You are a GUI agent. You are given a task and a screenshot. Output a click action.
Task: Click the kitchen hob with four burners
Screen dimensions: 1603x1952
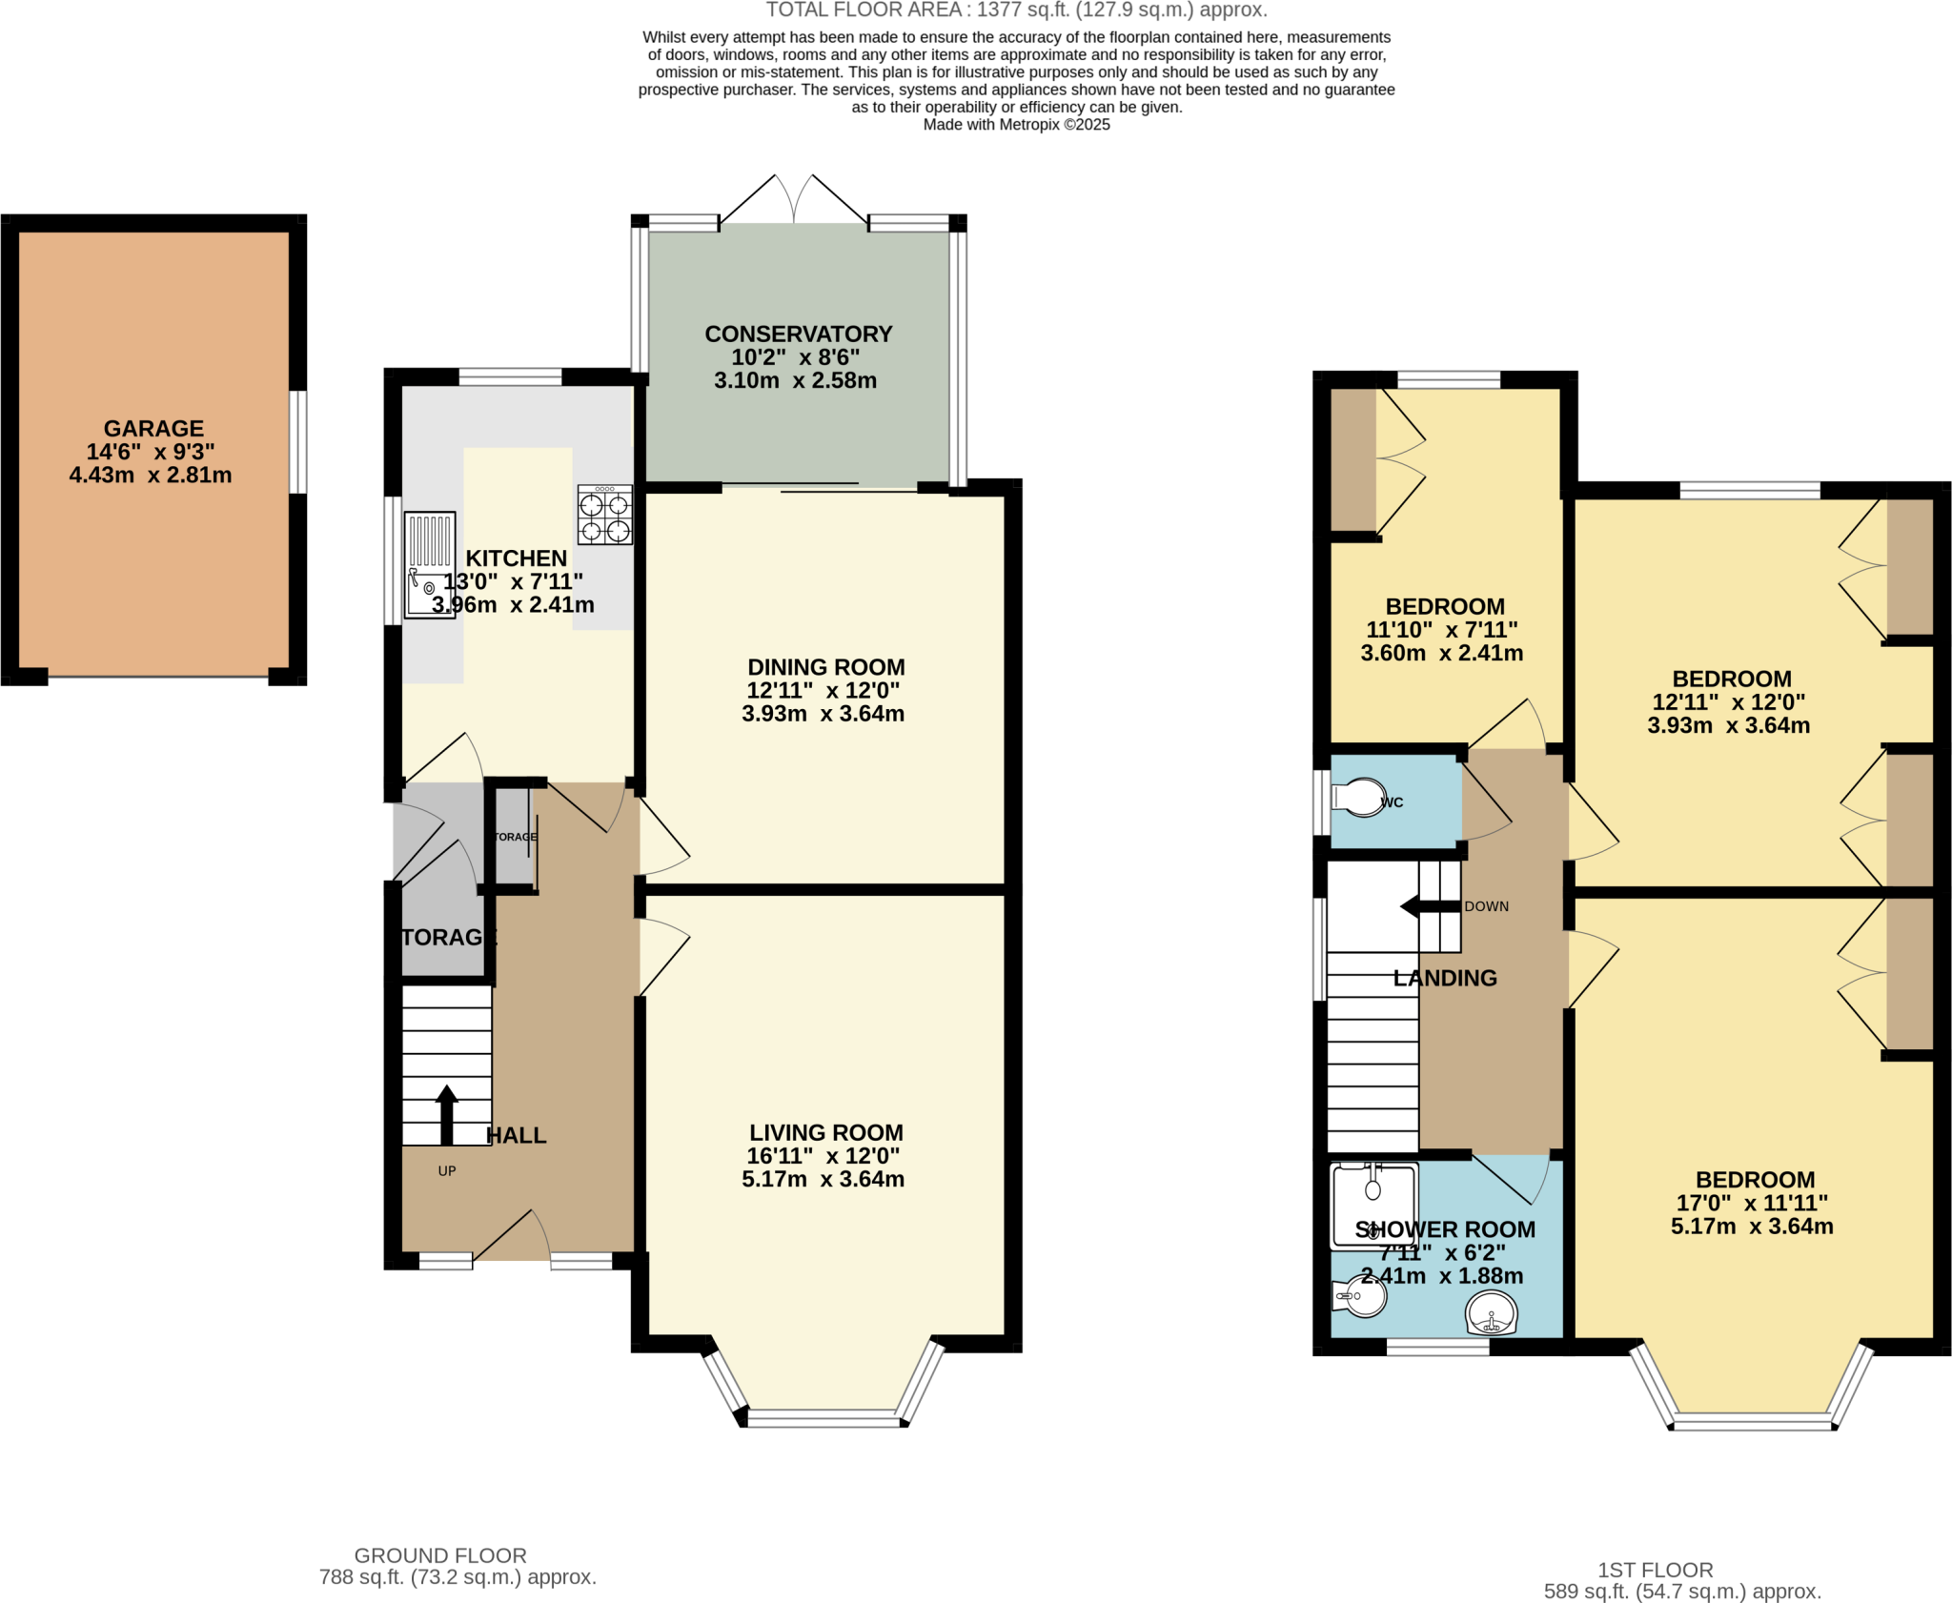pyautogui.click(x=604, y=516)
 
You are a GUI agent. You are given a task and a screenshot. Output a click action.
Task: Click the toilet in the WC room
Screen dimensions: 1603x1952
pyautogui.click(x=1359, y=797)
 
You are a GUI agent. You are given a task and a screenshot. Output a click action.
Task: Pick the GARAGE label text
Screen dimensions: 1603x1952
pyautogui.click(x=153, y=429)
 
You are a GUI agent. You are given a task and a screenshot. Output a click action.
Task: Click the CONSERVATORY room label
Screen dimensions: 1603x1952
pyautogui.click(x=798, y=335)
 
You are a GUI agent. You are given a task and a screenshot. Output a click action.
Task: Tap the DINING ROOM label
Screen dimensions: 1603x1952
pyautogui.click(x=825, y=667)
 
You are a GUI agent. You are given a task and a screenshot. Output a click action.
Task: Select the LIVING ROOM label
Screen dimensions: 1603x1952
pyautogui.click(x=825, y=1132)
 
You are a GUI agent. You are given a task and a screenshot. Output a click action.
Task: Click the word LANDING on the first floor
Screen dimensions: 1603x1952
pyautogui.click(x=1445, y=978)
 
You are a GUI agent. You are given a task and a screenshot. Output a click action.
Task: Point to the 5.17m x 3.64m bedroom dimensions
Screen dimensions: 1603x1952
pyautogui.click(x=1751, y=1227)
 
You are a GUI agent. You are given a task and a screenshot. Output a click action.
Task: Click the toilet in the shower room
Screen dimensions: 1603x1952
pyautogui.click(x=1361, y=1297)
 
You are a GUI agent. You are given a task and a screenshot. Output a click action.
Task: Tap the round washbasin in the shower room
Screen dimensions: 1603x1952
pyautogui.click(x=1491, y=1314)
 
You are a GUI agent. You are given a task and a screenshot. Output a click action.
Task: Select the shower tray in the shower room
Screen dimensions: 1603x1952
pyautogui.click(x=1373, y=1205)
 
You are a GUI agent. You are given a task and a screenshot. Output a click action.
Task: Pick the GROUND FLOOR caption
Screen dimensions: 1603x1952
pyautogui.click(x=440, y=1555)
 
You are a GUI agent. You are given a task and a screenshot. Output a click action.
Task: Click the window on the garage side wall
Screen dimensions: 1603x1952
pyautogui.click(x=298, y=442)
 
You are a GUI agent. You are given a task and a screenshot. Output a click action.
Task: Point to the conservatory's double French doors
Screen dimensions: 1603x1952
pyautogui.click(x=793, y=200)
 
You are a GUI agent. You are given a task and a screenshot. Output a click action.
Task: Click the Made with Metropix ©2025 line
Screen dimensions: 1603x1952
pyautogui.click(x=1016, y=125)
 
